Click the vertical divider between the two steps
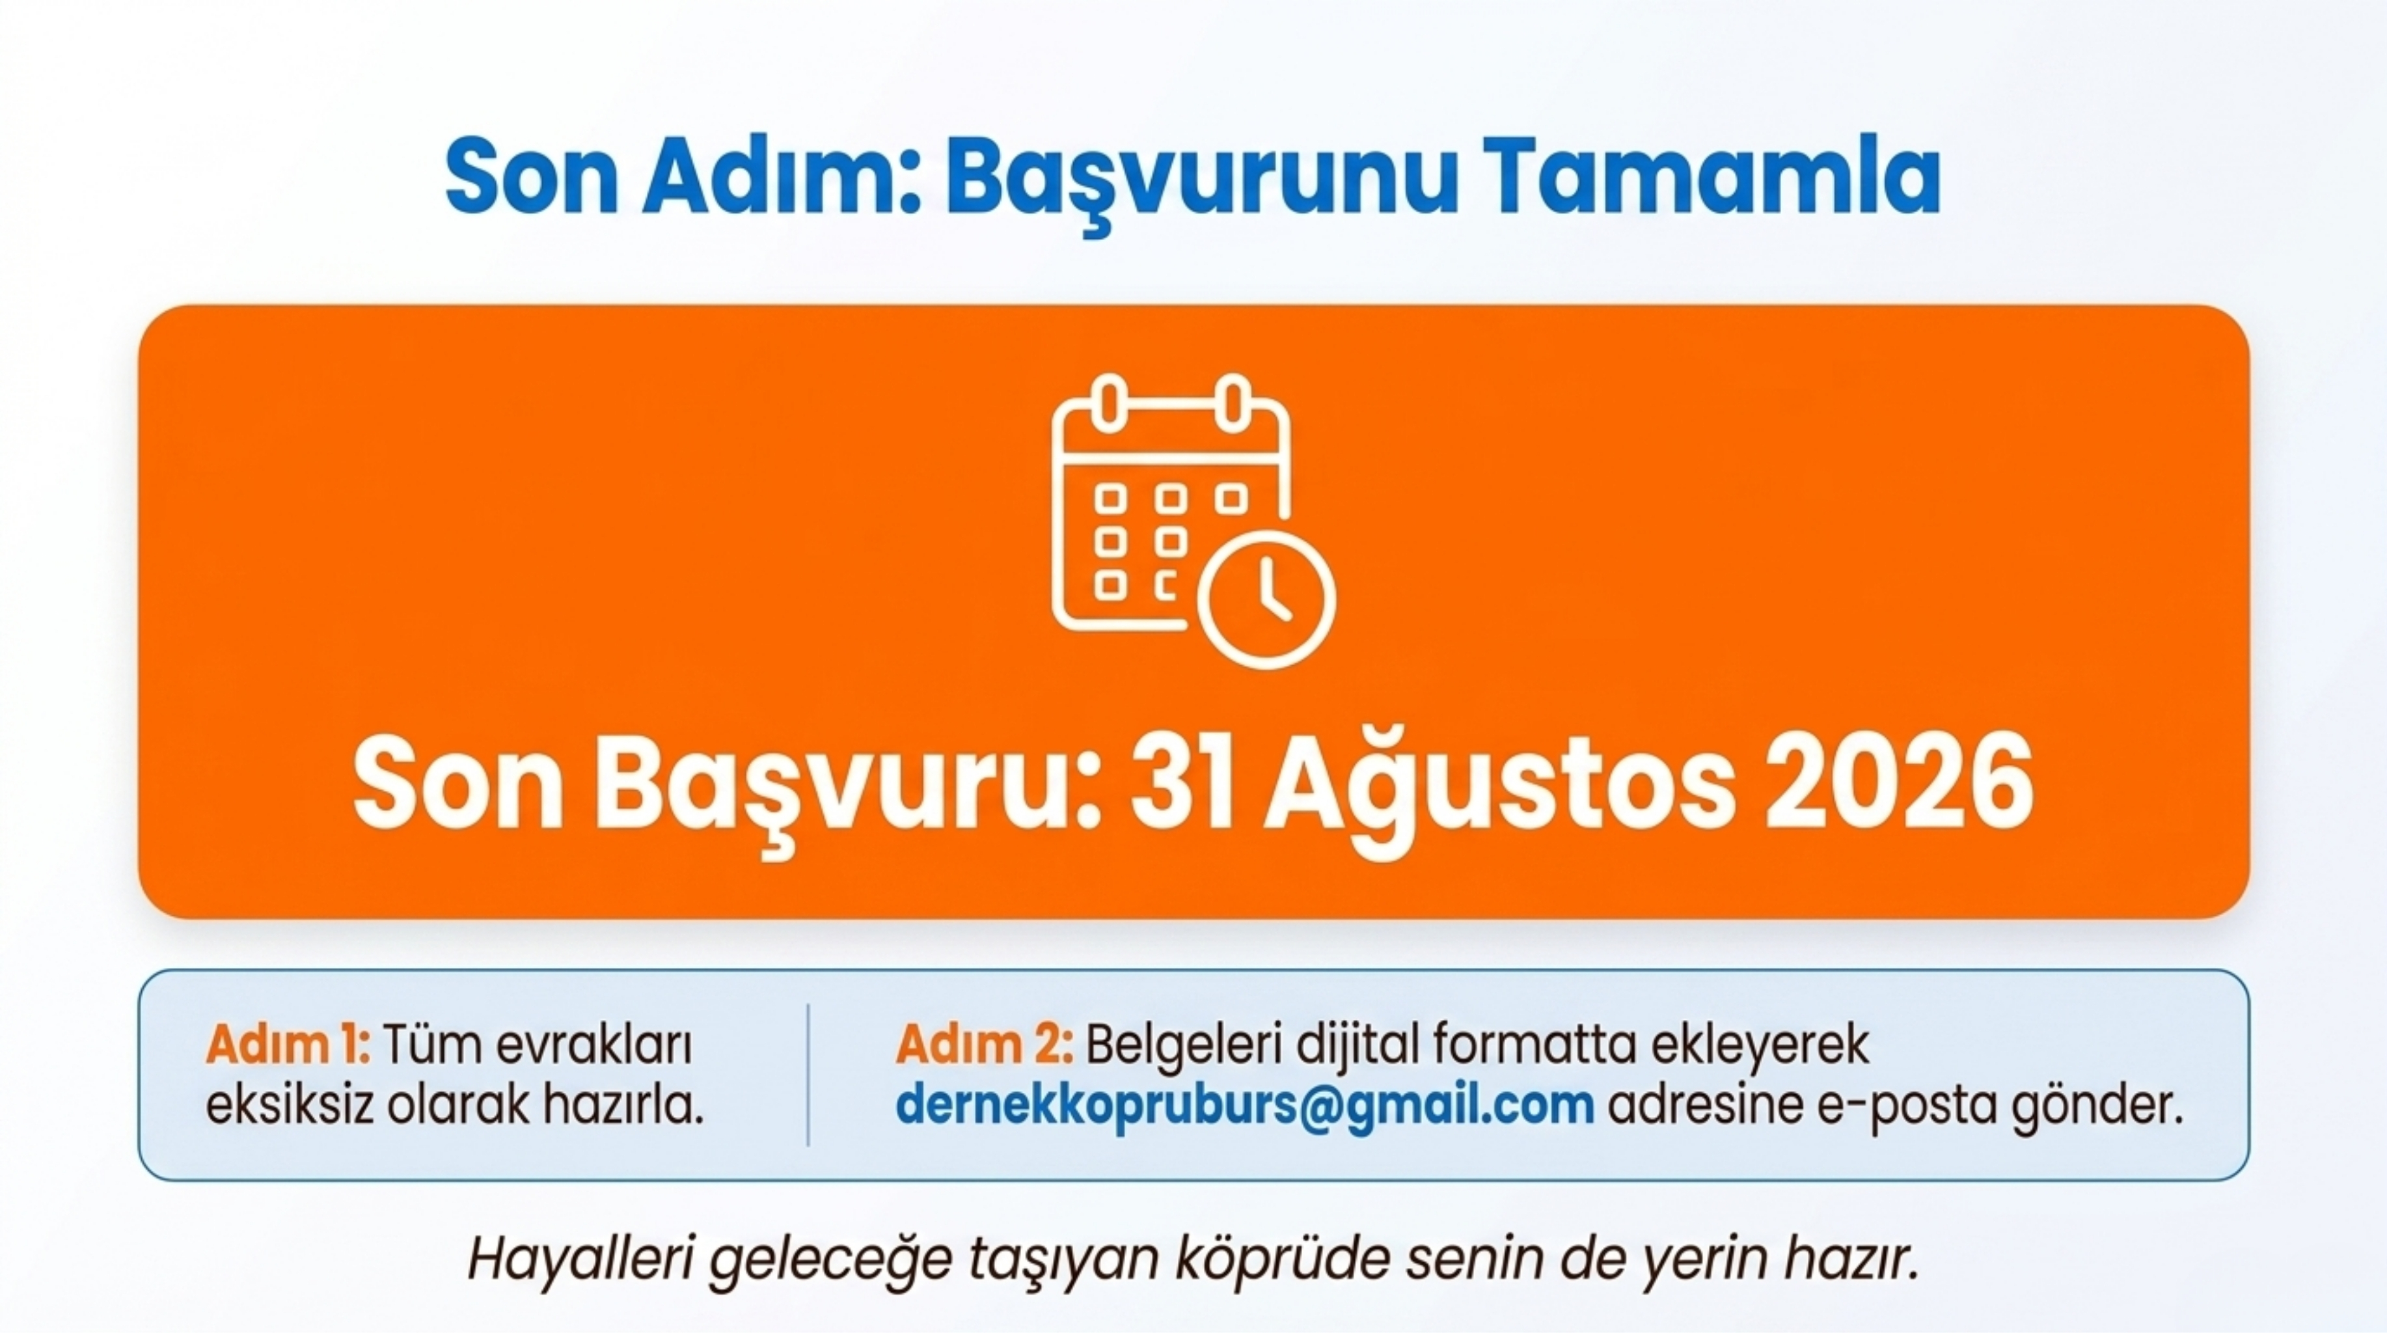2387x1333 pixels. coord(808,1075)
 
